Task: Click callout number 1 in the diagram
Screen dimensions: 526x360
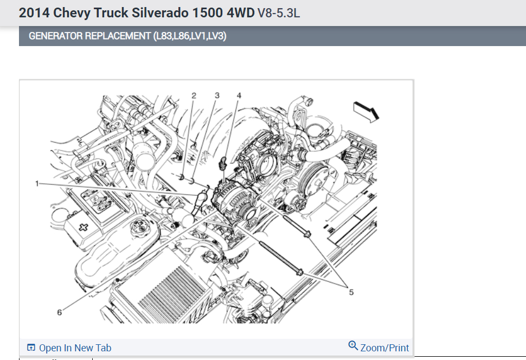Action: point(37,183)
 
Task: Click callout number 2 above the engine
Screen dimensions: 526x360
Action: point(194,95)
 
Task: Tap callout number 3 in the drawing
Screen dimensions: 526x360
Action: point(217,95)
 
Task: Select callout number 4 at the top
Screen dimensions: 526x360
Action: point(239,95)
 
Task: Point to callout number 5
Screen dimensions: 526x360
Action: point(351,292)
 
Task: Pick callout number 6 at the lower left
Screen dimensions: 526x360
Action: point(59,312)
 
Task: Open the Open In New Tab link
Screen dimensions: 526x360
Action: point(75,348)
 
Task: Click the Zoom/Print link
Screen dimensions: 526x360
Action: point(384,348)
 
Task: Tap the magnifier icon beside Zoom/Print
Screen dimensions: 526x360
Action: point(353,345)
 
